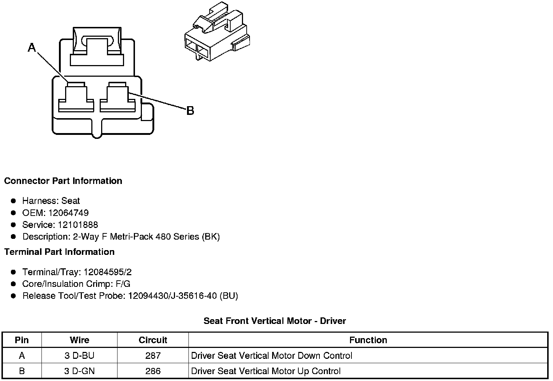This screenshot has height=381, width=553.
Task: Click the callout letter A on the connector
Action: point(32,47)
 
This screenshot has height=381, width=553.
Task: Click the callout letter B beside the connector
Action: point(190,111)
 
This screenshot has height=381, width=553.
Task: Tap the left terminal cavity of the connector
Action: point(76,97)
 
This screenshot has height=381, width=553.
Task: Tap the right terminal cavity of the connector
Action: point(117,97)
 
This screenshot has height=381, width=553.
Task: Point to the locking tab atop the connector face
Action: point(97,47)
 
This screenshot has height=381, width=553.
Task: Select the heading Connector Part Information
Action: point(63,181)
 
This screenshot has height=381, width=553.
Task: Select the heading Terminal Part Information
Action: point(59,252)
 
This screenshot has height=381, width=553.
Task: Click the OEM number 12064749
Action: point(68,213)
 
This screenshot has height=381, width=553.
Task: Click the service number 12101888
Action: point(78,225)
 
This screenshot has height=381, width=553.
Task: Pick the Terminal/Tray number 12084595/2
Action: point(107,272)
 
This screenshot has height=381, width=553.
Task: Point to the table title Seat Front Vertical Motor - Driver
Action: point(275,321)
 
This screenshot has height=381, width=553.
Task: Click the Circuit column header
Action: point(153,340)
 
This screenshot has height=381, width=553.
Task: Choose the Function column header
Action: point(368,340)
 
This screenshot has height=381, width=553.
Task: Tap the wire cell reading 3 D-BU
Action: point(79,356)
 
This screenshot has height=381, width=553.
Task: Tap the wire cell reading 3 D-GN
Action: point(79,371)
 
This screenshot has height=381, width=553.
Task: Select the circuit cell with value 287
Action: point(153,356)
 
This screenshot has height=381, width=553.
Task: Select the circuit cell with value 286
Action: point(153,371)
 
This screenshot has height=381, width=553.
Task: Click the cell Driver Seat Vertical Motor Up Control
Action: point(266,371)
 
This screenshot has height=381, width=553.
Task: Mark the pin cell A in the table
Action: point(22,356)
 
